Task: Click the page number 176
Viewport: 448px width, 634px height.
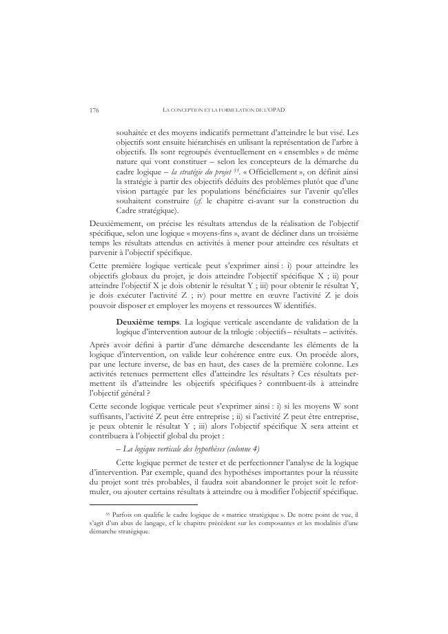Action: [94, 110]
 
